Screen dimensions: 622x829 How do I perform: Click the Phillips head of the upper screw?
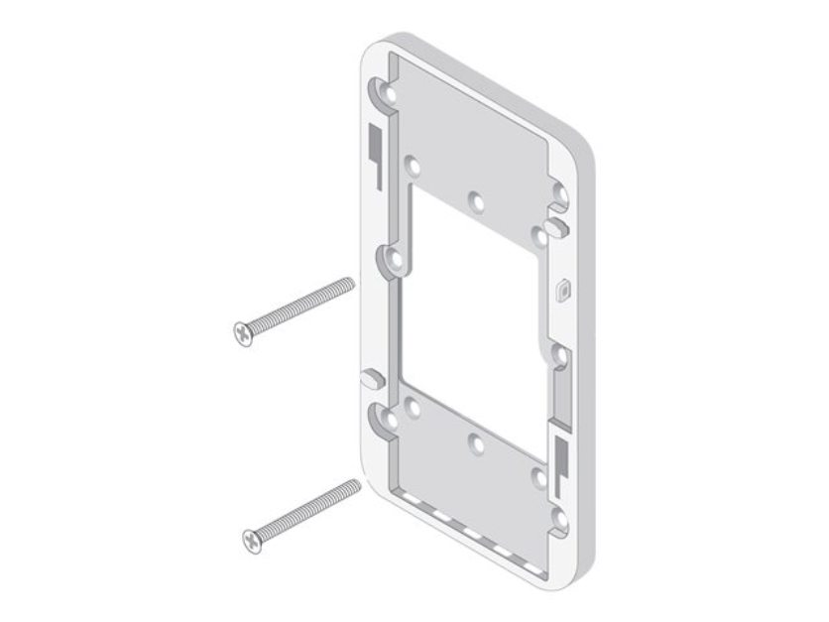tap(241, 330)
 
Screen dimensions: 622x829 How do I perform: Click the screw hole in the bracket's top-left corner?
tap(385, 94)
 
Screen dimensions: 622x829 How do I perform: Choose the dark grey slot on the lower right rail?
tap(559, 456)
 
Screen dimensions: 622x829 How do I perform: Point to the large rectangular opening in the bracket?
tap(466, 317)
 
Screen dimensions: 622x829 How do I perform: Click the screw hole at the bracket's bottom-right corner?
tap(560, 516)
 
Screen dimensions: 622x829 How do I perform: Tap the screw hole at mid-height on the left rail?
tap(396, 263)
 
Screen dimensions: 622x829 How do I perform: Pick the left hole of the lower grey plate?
tap(412, 406)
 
